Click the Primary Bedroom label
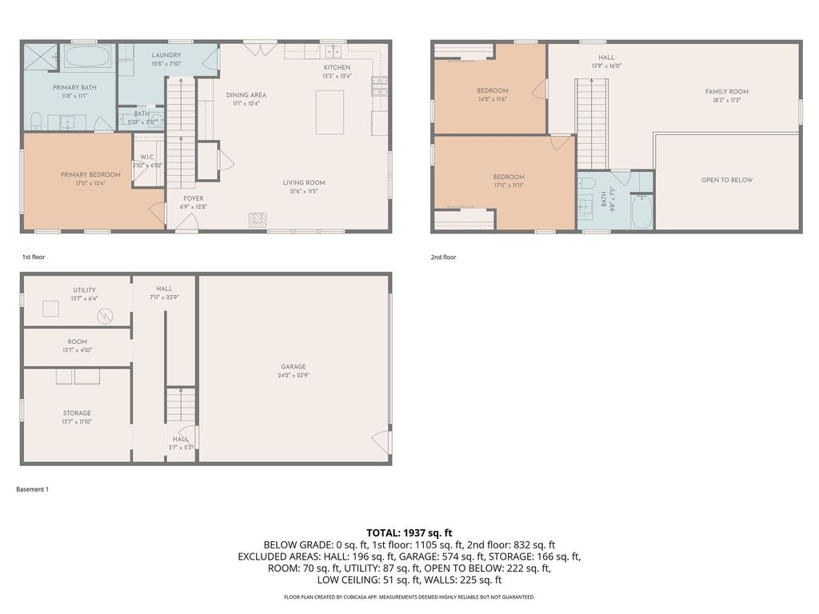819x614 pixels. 90,175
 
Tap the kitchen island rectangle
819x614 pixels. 330,113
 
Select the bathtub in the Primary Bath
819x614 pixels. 90,57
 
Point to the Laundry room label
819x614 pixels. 166,55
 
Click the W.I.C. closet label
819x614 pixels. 147,157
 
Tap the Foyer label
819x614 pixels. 193,198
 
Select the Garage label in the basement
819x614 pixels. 294,367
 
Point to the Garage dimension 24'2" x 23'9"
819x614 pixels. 294,375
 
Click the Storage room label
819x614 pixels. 77,413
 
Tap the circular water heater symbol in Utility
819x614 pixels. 102,316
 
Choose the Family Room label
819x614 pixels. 726,92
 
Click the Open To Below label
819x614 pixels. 726,180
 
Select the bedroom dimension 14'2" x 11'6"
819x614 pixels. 492,99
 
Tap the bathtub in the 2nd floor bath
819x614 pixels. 641,213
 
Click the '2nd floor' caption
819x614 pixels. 443,257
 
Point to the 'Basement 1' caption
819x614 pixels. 33,489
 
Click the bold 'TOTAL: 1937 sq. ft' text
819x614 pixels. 409,532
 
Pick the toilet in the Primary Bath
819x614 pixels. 36,121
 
